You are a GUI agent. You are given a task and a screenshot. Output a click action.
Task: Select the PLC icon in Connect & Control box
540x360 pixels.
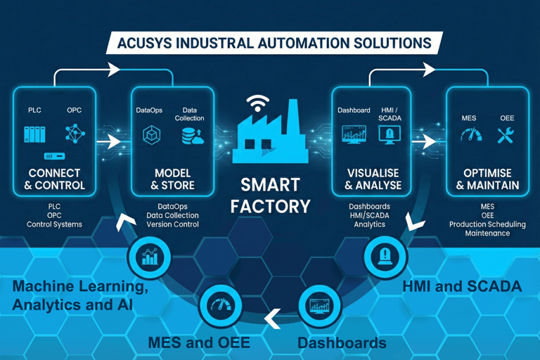pos(34,134)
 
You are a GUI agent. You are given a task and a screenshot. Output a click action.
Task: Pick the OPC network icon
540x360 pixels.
pos(75,134)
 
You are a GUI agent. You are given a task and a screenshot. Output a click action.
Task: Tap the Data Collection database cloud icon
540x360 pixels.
pos(191,136)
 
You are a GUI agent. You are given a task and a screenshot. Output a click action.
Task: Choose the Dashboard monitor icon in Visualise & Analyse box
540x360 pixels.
pos(353,134)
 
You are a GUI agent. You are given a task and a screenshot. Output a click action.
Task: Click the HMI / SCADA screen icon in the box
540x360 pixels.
pos(389,134)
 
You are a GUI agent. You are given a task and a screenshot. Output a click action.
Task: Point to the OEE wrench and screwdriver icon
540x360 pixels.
pos(506,135)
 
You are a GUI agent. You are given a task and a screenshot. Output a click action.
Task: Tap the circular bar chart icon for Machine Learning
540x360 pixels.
pos(149,257)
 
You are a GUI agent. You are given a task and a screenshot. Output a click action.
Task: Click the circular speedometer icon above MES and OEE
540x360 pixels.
pos(220,305)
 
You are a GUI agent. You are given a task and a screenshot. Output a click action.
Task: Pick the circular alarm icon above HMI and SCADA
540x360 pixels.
pos(385,256)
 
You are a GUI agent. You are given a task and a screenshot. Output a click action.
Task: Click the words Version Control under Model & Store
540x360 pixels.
pos(172,225)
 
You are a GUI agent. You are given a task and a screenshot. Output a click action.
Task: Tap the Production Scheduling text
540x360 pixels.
pos(487,224)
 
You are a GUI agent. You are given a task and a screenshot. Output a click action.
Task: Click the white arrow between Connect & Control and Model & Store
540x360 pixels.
pos(109,141)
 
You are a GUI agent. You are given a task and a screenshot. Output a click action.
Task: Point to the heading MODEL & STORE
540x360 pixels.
pos(172,179)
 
